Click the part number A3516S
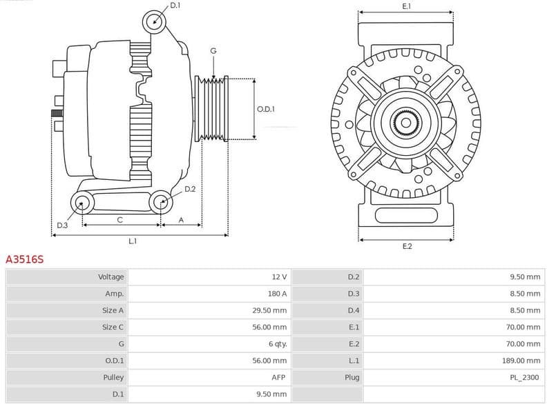[25, 260]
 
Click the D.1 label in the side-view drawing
[175, 6]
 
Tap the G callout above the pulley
[213, 51]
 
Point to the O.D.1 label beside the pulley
[266, 109]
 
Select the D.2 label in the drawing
[190, 189]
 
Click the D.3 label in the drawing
[62, 225]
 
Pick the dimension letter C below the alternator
[120, 220]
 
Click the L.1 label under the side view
[133, 241]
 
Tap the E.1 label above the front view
[407, 6]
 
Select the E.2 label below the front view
[407, 246]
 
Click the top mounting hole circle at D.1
[155, 21]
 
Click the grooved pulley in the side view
[213, 109]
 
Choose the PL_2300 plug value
[525, 378]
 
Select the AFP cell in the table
[278, 378]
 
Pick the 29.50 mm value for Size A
[269, 310]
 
